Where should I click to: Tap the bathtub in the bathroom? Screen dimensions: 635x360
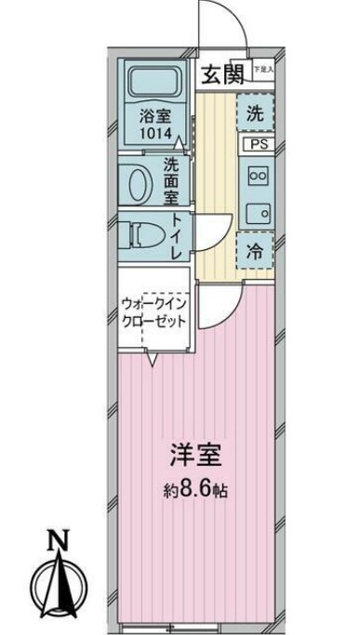pyautogui.click(x=154, y=85)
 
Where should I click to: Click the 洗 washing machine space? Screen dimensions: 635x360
pyautogui.click(x=254, y=115)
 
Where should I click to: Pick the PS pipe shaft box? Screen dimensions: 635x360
pyautogui.click(x=254, y=144)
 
